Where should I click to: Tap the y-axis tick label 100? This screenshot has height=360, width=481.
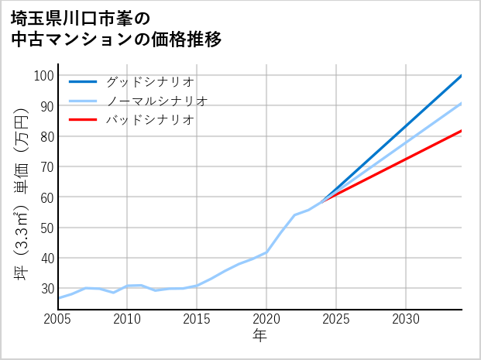pyautogui.click(x=43, y=76)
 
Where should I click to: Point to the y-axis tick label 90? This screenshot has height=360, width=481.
pyautogui.click(x=46, y=106)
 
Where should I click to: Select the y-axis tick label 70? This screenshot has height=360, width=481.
pyautogui.click(x=46, y=166)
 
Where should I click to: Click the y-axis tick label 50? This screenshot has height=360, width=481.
pyautogui.click(x=46, y=228)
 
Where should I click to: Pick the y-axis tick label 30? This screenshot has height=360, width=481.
pyautogui.click(x=46, y=288)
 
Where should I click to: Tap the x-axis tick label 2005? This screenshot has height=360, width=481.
pyautogui.click(x=58, y=319)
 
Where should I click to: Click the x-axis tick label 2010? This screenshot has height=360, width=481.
pyautogui.click(x=127, y=319)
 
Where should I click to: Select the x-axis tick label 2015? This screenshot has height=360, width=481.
pyautogui.click(x=197, y=319)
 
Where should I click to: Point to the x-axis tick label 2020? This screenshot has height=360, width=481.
pyautogui.click(x=266, y=319)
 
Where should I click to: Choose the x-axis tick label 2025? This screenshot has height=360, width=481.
pyautogui.click(x=336, y=319)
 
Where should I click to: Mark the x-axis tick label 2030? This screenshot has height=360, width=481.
pyautogui.click(x=406, y=319)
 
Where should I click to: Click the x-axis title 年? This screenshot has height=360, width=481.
pyautogui.click(x=260, y=336)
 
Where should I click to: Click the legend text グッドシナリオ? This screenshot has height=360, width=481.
pyautogui.click(x=149, y=81)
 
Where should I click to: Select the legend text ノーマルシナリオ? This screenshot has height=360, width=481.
pyautogui.click(x=156, y=101)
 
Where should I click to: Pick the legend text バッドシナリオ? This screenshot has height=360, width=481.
pyautogui.click(x=149, y=120)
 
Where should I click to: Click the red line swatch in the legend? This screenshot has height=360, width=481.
pyautogui.click(x=83, y=120)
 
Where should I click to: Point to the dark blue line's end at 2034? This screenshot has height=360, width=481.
pyautogui.click(x=462, y=76)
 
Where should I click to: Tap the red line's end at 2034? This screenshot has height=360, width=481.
pyautogui.click(x=462, y=131)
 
